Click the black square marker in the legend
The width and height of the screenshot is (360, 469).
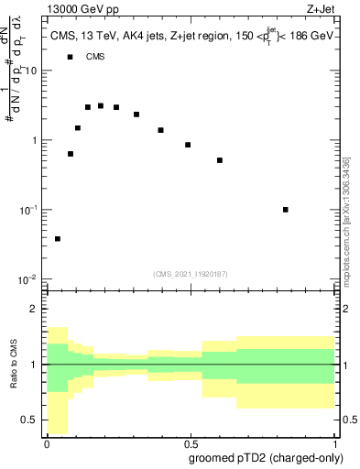click(x=70, y=57)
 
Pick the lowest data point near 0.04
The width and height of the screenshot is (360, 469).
click(x=58, y=239)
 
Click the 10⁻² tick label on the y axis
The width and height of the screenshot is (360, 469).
click(x=28, y=279)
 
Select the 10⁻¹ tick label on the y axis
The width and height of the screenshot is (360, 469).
click(x=28, y=211)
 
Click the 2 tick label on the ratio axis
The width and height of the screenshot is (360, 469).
click(x=35, y=309)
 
